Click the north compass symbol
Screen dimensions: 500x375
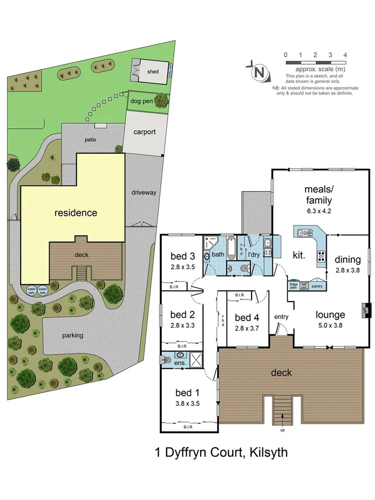258,72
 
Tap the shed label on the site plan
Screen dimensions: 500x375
153,72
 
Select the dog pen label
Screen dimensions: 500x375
141,101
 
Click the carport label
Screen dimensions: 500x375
144,132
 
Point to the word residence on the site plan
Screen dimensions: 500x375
76,213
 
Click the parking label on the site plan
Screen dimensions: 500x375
73,335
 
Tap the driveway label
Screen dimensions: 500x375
144,192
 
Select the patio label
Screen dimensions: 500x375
91,140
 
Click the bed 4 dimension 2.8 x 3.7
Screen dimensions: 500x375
246,328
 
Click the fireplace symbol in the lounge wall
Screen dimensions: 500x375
366,309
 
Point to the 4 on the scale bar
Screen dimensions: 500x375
346,55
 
